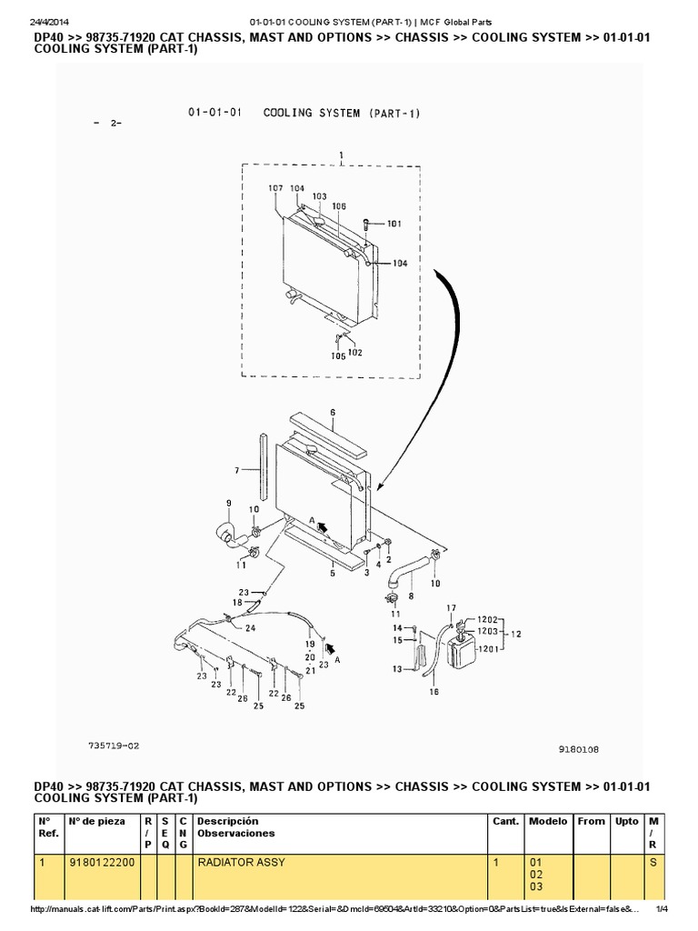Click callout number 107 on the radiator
coord(277,188)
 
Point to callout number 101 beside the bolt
coord(394,223)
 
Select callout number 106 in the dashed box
coord(338,206)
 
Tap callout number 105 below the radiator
coord(337,356)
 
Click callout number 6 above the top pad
coord(334,412)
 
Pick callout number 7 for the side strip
coord(236,470)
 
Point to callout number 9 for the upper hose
coord(228,503)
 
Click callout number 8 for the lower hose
coord(411,596)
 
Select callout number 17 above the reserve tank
coord(452,607)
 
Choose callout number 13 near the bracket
coord(397,668)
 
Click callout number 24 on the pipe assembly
coord(250,627)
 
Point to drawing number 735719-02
coord(114,745)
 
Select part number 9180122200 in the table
coord(102,862)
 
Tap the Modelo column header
coord(548,821)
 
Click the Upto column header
coord(626,821)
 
